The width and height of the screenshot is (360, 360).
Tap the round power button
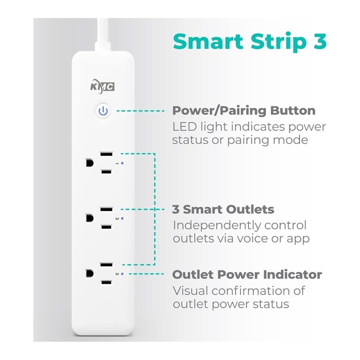point(103,111)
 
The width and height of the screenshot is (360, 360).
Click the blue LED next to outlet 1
point(122,163)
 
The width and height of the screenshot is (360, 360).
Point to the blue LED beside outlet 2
point(122,218)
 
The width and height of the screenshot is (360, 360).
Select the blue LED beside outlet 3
point(122,274)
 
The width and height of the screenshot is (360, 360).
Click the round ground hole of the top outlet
point(90,163)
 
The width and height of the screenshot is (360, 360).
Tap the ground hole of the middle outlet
point(90,218)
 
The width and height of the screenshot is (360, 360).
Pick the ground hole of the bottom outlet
point(90,274)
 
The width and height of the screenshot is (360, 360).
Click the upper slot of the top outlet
point(106,154)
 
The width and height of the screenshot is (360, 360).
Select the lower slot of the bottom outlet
point(106,283)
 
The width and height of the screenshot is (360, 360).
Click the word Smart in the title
point(208,41)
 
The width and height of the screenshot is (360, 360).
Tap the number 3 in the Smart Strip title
point(320,41)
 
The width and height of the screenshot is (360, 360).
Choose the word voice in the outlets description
point(253,238)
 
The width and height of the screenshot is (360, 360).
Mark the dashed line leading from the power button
point(140,111)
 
